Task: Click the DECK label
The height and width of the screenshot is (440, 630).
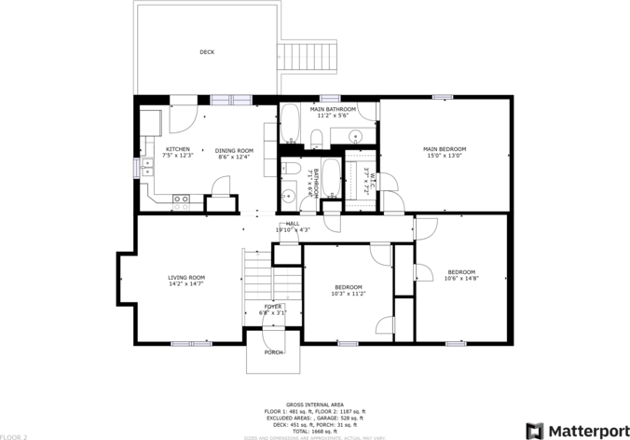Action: coord(207,52)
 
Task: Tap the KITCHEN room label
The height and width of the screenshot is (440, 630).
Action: coord(178,149)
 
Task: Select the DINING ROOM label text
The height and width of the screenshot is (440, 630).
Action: coord(234,150)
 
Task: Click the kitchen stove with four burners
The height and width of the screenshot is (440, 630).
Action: coord(181,198)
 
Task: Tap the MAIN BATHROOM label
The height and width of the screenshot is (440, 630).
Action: coord(328,109)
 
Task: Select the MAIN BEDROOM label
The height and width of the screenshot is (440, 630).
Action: coord(445,149)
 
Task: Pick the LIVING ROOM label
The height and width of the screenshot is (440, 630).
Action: coord(186,277)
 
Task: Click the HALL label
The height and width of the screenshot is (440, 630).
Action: coord(293,224)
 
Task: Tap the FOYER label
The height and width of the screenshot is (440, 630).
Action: coord(272,306)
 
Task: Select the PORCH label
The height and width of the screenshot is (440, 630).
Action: coord(274,352)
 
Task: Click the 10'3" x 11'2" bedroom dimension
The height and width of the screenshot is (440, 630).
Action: coord(348,294)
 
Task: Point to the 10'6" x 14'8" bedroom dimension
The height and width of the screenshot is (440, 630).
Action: coord(461,278)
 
